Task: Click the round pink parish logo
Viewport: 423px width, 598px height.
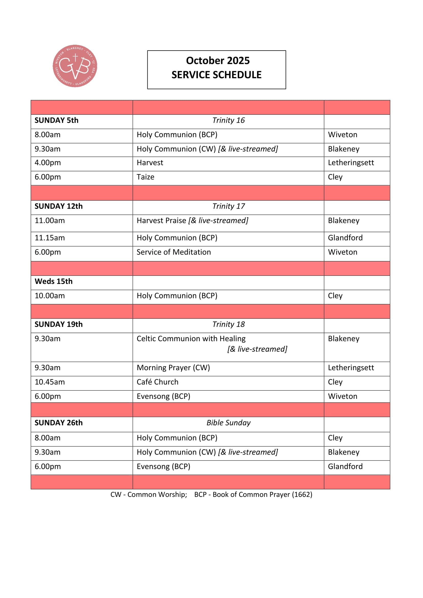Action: [75, 66]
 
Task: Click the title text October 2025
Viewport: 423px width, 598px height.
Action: [217, 61]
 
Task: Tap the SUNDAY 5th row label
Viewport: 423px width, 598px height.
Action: [57, 120]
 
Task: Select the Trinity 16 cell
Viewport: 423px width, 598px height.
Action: [228, 120]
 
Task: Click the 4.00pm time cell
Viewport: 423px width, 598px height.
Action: [48, 163]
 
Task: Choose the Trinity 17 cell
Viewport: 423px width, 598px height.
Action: [228, 206]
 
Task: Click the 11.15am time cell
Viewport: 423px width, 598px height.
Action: [50, 238]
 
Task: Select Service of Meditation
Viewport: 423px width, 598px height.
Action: [174, 252]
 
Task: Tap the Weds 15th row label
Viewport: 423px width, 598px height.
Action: [54, 281]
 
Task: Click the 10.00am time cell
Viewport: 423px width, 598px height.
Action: [50, 296]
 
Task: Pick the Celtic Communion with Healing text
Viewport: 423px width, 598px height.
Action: [191, 339]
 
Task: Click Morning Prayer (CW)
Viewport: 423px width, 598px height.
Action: [173, 368]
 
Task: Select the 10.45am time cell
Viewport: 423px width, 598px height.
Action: [50, 382]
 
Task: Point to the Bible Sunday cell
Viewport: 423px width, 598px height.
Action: [228, 423]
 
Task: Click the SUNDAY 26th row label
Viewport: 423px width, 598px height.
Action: [59, 423]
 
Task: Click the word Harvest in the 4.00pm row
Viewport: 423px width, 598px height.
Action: [150, 163]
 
